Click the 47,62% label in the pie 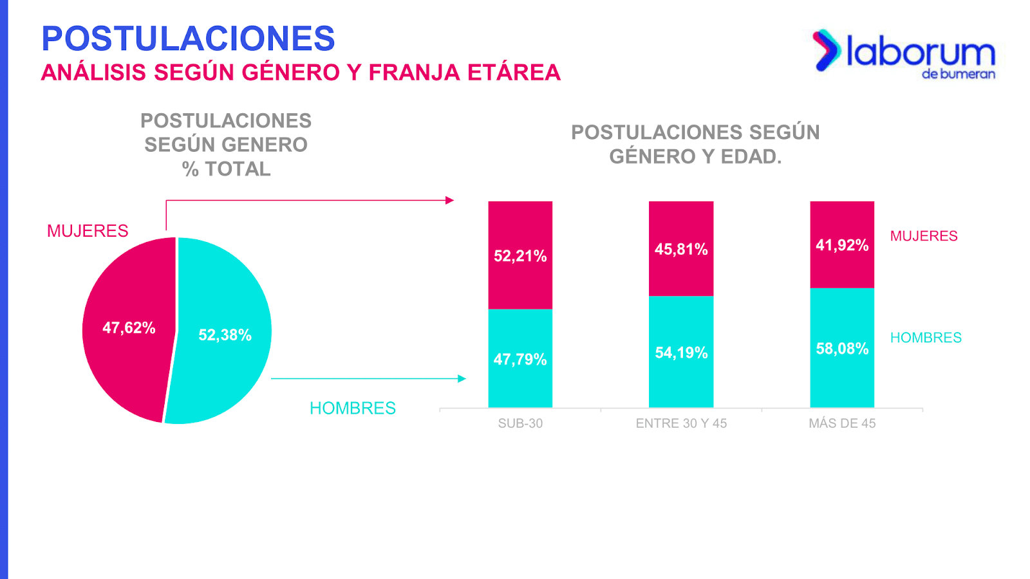coord(129,328)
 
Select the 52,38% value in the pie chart coord(225,335)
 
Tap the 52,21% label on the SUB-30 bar coord(520,256)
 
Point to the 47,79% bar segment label coord(520,360)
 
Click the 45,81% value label coord(681,250)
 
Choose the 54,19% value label coord(681,353)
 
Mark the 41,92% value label coord(842,245)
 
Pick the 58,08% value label coord(842,349)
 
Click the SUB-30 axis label coord(520,423)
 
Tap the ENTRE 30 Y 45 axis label coord(681,423)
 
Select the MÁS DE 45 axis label coord(842,423)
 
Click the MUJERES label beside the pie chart coord(88,231)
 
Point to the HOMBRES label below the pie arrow coord(353,409)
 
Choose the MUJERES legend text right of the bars coord(924,236)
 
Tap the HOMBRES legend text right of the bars coord(926,338)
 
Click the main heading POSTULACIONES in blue coord(188,39)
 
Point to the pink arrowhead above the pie coord(450,200)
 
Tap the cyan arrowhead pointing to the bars coord(462,379)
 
